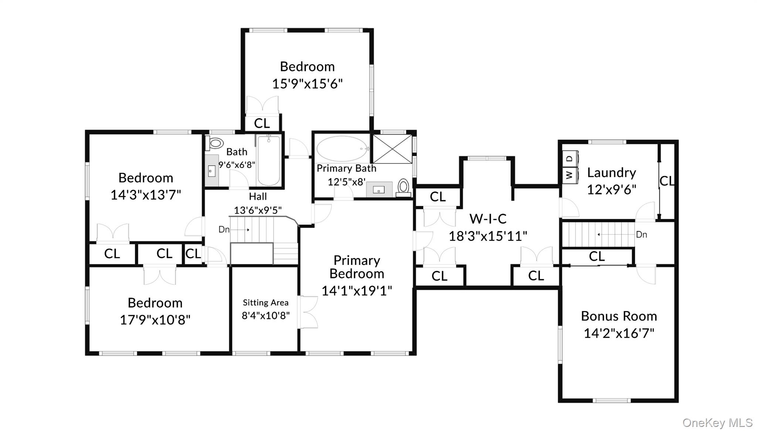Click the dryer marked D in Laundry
click(x=570, y=158)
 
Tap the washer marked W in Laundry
click(x=570, y=174)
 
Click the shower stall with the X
click(x=392, y=149)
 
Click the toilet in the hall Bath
click(x=215, y=143)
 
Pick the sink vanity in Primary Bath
click(x=379, y=189)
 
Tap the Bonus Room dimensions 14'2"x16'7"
click(x=619, y=333)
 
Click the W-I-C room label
click(x=488, y=219)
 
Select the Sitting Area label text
click(x=265, y=303)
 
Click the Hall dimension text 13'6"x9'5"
click(x=258, y=210)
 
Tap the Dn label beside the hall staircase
click(x=224, y=229)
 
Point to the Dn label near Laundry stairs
click(x=642, y=235)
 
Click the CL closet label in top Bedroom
click(x=262, y=123)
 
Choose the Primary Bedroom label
click(x=357, y=267)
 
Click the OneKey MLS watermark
click(x=717, y=422)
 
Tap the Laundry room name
click(x=611, y=172)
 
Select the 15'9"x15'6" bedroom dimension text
click(x=307, y=84)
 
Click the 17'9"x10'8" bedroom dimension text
click(x=155, y=320)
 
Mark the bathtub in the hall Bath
click(x=268, y=160)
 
